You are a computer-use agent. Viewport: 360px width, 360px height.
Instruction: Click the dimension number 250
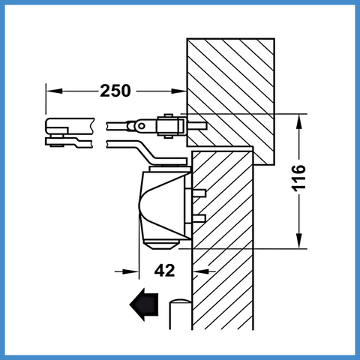coord(115,91)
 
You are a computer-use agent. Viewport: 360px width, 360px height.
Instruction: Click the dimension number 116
coord(298,178)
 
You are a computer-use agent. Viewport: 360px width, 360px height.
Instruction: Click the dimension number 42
coord(164,270)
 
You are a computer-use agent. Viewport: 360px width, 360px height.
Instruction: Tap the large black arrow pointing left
coord(144,304)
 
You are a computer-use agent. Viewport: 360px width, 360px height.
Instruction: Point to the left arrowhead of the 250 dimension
coord(54,91)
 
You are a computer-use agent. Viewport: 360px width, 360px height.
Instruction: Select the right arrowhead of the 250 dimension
coord(179,91)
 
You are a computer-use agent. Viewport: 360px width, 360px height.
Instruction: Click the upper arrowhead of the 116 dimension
coord(298,121)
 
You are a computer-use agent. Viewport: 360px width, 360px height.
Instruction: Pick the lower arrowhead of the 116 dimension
coord(298,241)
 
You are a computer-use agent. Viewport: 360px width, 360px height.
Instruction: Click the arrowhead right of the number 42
coord(201,271)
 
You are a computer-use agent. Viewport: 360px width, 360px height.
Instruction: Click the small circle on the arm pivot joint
coord(142,126)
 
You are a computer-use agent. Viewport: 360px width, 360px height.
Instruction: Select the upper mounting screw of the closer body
coord(199,193)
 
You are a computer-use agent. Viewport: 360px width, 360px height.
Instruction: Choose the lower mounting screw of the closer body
coord(199,218)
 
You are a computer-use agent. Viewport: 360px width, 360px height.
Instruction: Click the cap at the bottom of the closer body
coord(161,244)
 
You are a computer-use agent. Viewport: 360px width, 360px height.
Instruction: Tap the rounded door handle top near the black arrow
coord(180,301)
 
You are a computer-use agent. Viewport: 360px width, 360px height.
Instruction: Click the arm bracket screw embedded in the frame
coord(196,126)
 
